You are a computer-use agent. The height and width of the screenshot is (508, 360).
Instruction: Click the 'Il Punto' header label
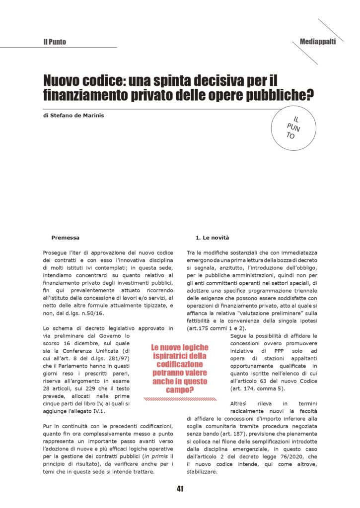point(55,42)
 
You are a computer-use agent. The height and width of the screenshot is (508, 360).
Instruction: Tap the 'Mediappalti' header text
point(318,42)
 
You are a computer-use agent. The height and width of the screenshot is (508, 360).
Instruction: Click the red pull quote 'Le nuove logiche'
point(180,348)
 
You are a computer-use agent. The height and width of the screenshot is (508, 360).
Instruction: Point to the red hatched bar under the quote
point(180,398)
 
